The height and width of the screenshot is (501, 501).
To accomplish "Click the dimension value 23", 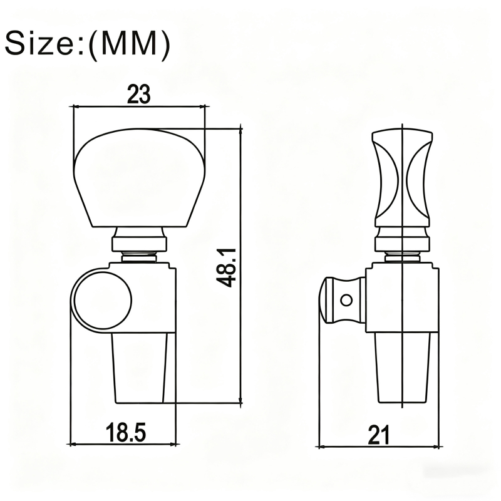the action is [138, 95].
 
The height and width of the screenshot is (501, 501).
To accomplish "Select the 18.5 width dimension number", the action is [126, 432].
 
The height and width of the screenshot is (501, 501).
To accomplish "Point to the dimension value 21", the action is [379, 435].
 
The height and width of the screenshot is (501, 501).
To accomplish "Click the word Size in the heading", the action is [40, 43].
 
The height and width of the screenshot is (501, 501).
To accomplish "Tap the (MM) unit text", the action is [129, 44].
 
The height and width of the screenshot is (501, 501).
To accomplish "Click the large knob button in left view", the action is [139, 178].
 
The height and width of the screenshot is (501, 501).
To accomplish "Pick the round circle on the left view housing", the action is [103, 300].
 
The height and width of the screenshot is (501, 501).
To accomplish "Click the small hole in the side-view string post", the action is [346, 301].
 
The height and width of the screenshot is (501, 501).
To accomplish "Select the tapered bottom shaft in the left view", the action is [140, 368].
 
